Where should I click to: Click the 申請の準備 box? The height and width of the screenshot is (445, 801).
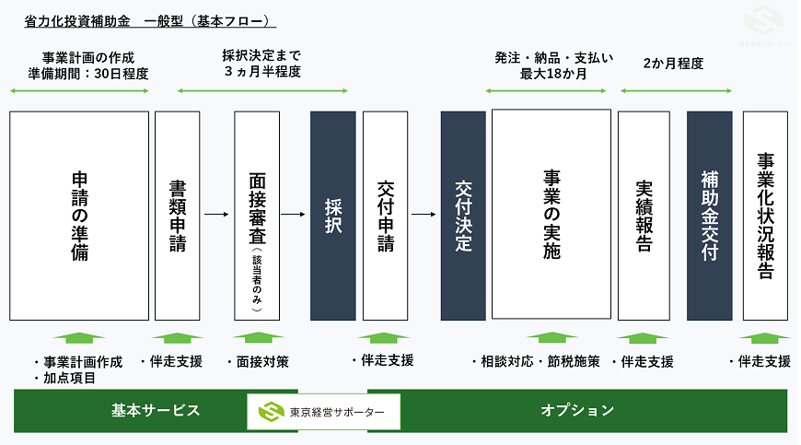click(79, 216)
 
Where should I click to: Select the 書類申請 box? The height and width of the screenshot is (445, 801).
click(178, 216)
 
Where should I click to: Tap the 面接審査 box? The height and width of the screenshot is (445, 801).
click(257, 216)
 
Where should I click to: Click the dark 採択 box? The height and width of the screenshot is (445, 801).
click(332, 216)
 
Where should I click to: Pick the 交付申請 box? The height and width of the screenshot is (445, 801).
click(386, 216)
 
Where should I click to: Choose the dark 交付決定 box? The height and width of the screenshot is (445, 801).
click(463, 216)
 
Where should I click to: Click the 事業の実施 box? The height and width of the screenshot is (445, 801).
click(551, 216)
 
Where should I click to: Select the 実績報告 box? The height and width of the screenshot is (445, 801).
click(644, 216)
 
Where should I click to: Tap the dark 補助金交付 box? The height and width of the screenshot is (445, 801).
click(709, 216)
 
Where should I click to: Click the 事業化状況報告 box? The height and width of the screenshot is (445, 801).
click(765, 216)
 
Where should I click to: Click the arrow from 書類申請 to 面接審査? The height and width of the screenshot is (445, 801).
click(215, 216)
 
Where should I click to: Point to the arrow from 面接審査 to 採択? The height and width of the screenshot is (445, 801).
click(293, 216)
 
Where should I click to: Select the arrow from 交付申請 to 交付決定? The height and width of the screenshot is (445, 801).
click(424, 216)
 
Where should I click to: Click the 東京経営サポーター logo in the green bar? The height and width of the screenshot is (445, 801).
click(323, 411)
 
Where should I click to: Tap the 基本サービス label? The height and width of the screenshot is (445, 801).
click(156, 411)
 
